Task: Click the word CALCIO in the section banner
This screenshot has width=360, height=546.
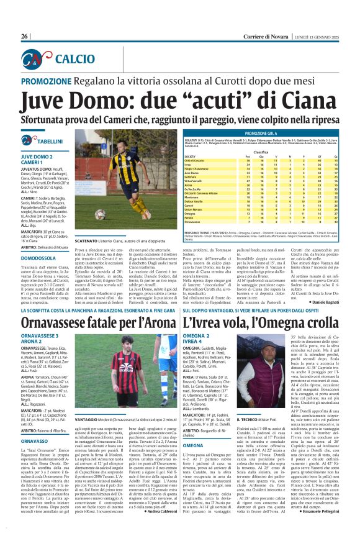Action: point(75,58)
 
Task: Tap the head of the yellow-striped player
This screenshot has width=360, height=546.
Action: point(128,144)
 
